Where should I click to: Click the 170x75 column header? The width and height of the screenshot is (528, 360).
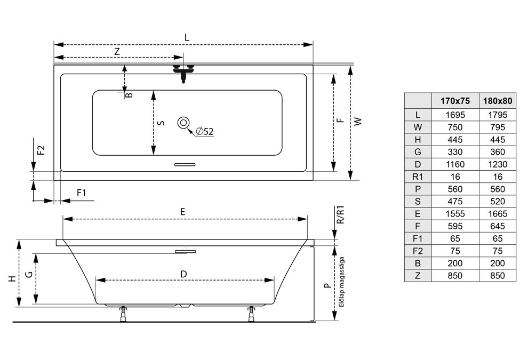455,101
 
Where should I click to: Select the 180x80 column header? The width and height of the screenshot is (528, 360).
498,101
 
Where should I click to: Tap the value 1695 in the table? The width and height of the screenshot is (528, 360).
455,115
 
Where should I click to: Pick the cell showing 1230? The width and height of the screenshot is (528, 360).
498,164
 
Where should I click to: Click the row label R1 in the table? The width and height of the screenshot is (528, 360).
418,177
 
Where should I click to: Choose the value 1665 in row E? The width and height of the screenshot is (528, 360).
498,214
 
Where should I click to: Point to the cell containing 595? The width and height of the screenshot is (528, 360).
455,226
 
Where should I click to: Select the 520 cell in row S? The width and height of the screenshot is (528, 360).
498,202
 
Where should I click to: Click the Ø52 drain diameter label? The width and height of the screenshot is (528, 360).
204,131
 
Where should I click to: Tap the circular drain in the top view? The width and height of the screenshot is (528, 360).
183,123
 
